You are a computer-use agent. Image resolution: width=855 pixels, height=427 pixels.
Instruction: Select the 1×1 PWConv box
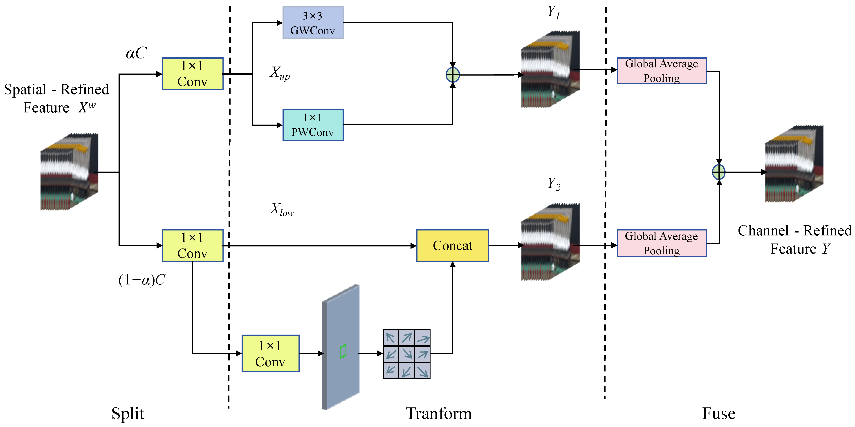tap(313, 125)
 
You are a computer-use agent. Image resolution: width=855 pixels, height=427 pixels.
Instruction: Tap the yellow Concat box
tap(452, 246)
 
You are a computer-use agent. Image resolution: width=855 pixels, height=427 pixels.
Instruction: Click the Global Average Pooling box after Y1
tap(662, 71)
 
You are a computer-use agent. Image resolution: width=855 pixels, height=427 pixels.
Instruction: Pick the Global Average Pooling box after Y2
tap(662, 243)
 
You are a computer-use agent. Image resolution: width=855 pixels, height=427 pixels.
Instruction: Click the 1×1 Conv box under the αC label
tap(193, 74)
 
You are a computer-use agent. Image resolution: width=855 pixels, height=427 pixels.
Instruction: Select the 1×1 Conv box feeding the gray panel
tap(271, 353)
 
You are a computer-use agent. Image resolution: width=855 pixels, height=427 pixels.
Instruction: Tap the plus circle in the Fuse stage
tap(719, 172)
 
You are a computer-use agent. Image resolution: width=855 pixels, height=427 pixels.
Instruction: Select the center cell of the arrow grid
tap(407, 354)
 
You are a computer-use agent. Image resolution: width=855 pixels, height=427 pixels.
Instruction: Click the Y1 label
tap(553, 13)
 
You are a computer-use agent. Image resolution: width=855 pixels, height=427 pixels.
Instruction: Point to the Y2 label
tap(554, 183)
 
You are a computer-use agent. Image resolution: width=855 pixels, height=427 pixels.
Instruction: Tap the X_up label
tap(279, 73)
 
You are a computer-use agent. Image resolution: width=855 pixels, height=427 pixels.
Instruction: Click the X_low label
tap(281, 210)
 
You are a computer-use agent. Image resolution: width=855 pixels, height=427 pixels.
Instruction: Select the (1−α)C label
tap(142, 280)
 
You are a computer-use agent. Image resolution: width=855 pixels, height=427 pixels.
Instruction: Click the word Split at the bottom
tap(128, 414)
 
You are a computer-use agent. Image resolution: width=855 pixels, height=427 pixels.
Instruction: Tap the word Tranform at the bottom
tap(438, 414)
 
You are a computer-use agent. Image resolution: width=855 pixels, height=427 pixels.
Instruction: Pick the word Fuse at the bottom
tap(719, 414)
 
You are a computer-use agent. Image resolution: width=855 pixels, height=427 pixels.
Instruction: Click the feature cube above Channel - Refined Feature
tap(794, 164)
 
